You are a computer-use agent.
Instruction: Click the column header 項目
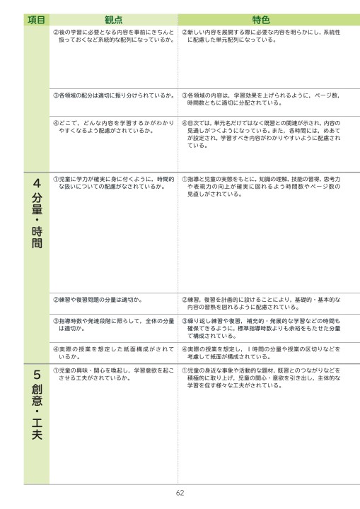(x=36, y=21)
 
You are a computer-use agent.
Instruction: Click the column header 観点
(x=113, y=21)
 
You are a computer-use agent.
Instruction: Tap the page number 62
(x=180, y=493)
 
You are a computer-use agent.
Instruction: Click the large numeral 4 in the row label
(x=36, y=184)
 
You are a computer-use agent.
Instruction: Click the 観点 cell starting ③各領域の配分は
(x=113, y=95)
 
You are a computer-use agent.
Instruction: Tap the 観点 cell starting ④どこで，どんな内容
(x=113, y=127)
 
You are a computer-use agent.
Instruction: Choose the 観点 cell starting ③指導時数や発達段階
(x=113, y=324)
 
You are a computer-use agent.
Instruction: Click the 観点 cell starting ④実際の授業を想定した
(x=113, y=353)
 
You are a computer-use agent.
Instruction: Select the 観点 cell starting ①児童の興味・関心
(x=113, y=374)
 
